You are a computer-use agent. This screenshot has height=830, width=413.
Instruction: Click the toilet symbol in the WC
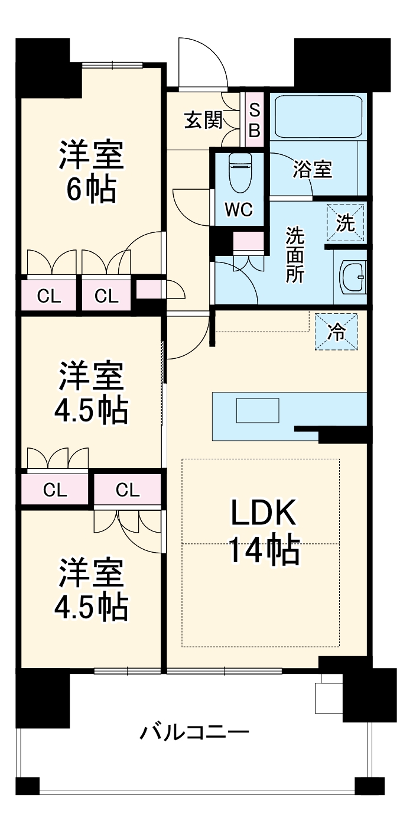(240, 173)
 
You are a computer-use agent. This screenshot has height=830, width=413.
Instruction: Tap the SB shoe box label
(254, 121)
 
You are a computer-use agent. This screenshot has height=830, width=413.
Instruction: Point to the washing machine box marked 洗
(346, 223)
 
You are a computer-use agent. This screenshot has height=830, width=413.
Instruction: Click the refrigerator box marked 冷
(336, 332)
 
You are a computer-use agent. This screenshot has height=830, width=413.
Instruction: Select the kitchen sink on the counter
(257, 410)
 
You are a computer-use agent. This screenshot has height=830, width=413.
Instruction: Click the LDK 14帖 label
(263, 533)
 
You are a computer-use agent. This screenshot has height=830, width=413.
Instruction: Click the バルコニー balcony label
(194, 733)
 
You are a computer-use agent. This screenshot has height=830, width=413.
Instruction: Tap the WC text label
(239, 209)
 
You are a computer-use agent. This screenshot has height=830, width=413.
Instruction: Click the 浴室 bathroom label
(313, 170)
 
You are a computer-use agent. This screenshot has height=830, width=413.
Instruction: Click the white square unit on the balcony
(329, 698)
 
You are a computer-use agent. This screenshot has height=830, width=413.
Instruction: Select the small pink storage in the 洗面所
(248, 242)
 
